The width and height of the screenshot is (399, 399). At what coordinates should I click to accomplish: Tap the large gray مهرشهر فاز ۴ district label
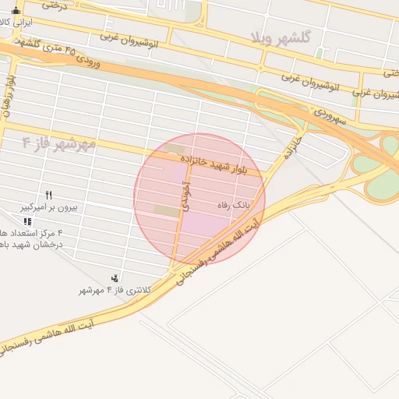[58, 143]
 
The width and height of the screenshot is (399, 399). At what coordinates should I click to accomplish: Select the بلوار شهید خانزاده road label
[213, 164]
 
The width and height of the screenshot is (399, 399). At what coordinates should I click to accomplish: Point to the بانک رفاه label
[234, 205]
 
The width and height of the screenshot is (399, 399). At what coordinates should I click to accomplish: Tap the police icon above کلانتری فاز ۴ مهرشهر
[115, 278]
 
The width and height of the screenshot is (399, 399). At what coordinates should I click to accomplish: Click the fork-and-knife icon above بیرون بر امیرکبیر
[48, 195]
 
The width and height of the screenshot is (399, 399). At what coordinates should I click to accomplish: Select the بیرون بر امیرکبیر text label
[48, 207]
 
